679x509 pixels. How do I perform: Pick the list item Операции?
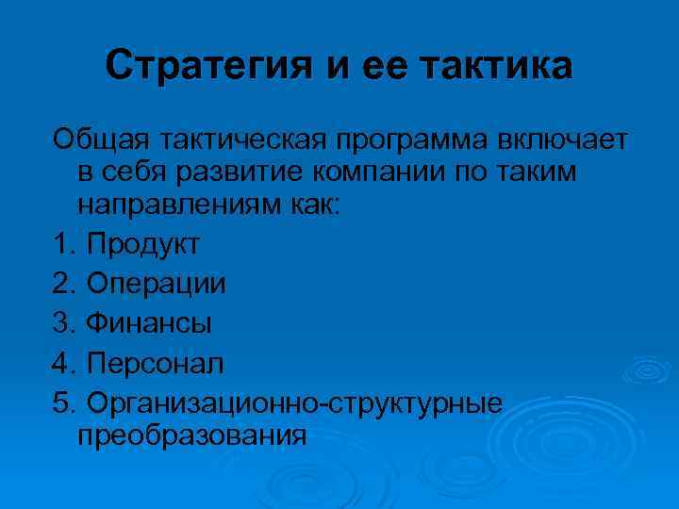[x=156, y=283]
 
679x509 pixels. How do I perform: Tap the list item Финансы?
[x=148, y=322]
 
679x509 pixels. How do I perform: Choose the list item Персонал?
[x=155, y=362]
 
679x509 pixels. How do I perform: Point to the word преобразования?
[x=192, y=435]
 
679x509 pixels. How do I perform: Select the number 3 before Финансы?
[x=63, y=322]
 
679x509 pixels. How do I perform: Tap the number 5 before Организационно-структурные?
[x=63, y=402]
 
